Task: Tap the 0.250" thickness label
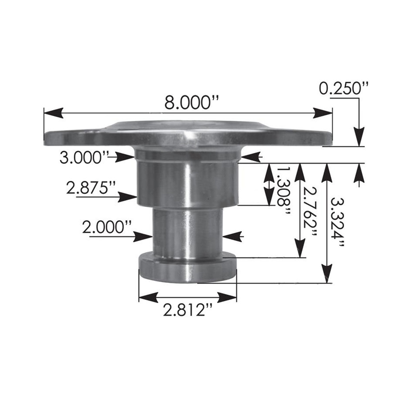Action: (343, 88)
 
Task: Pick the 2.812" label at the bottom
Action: (188, 311)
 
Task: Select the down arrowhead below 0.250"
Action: (360, 137)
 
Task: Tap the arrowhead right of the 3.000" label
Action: (126, 157)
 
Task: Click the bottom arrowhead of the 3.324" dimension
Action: (327, 274)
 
